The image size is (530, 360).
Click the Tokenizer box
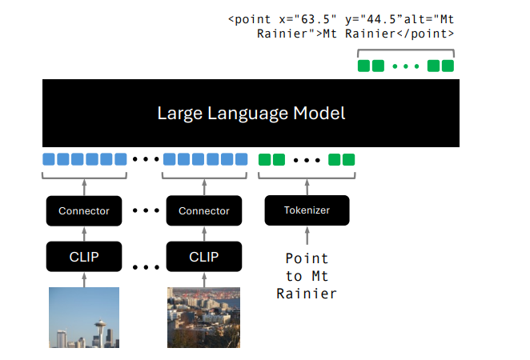pos(307,210)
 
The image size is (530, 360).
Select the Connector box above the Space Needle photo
pos(84,210)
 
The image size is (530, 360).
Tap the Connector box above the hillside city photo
pos(203,210)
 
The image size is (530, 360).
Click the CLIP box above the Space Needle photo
pos(84,257)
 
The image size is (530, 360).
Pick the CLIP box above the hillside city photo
pos(203,257)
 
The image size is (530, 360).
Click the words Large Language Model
pos(251,113)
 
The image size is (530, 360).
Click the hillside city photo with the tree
pos(203,318)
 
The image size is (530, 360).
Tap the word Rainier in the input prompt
pos(307,294)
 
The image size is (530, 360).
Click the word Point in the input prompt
pos(307,258)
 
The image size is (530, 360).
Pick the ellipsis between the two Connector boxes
pos(144,211)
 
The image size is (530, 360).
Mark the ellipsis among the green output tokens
pos(406,66)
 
